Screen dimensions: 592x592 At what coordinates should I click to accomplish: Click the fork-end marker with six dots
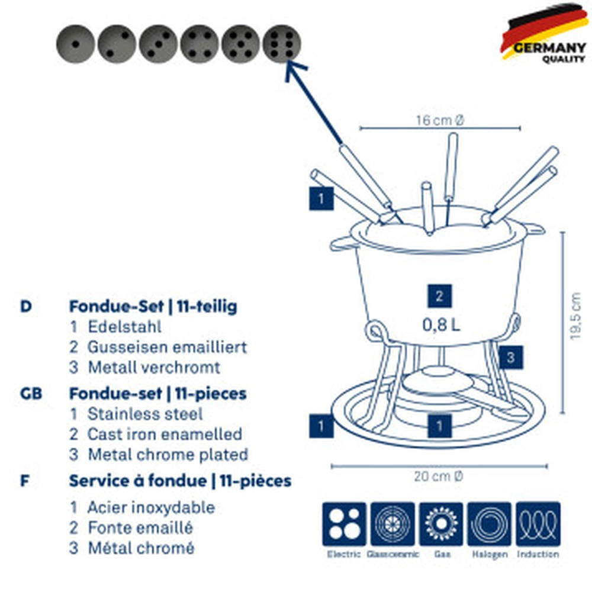pos(282,44)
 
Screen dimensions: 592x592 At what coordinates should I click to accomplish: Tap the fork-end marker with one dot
pos(76,44)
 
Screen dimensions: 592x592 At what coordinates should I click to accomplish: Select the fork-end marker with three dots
pos(158,44)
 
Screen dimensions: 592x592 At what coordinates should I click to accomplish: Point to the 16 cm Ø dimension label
pos(440,120)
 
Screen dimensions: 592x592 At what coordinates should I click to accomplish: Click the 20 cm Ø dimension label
pos(439,477)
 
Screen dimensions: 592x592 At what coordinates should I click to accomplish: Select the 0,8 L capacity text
pos(441,324)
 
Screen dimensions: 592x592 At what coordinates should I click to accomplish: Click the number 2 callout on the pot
pos(439,296)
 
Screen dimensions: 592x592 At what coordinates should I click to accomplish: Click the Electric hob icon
pos(344,524)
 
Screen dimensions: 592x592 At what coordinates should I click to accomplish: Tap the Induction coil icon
pos(538,524)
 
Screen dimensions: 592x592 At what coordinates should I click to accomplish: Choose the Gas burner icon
pos(441,524)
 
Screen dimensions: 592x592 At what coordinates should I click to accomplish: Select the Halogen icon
pos(489,524)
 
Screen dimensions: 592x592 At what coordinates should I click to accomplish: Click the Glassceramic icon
pos(392,524)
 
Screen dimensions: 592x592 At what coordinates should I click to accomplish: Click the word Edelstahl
pos(124,326)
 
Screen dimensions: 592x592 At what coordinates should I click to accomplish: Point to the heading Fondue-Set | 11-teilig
pos(153,306)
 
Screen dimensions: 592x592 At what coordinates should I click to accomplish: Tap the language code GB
pos(31,393)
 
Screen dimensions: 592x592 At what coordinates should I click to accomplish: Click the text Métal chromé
pos(141,548)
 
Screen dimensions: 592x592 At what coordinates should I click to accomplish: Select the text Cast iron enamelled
pos(165,434)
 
